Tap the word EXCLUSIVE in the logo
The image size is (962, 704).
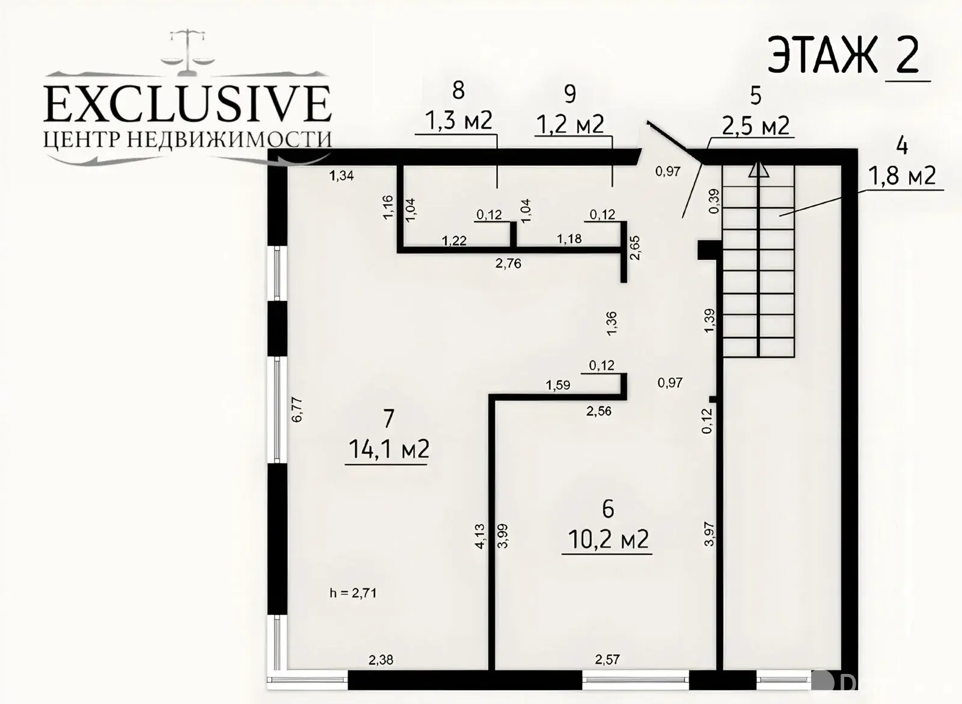click(188, 103)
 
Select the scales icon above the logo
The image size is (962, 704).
click(188, 52)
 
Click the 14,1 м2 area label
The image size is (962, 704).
click(388, 449)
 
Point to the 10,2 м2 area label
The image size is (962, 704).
click(608, 539)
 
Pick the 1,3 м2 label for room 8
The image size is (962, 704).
click(458, 120)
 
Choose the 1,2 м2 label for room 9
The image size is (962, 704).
click(571, 124)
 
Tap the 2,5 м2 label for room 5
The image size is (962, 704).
click(755, 126)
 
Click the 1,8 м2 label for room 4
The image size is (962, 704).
click(902, 175)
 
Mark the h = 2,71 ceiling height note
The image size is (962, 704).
click(353, 593)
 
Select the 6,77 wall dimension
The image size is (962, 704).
click(297, 410)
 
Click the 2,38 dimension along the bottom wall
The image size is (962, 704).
click(381, 659)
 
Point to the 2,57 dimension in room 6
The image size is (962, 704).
click(607, 659)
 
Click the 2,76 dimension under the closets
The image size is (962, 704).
click(508, 263)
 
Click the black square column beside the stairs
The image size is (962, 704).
click(708, 250)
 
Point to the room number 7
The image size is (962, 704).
click(388, 419)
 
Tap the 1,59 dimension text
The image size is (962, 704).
click(558, 384)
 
